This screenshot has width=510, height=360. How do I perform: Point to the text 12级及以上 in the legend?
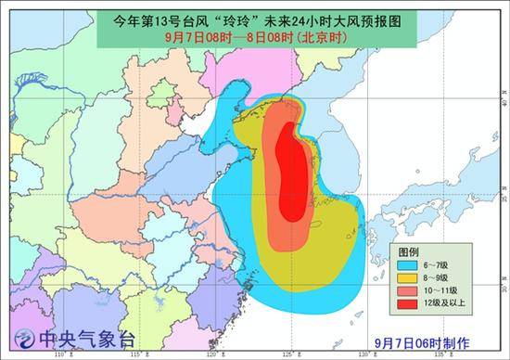[x=448, y=302]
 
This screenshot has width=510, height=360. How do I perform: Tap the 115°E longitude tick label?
[x=136, y=353]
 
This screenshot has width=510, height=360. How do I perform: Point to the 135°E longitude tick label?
[x=444, y=353]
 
